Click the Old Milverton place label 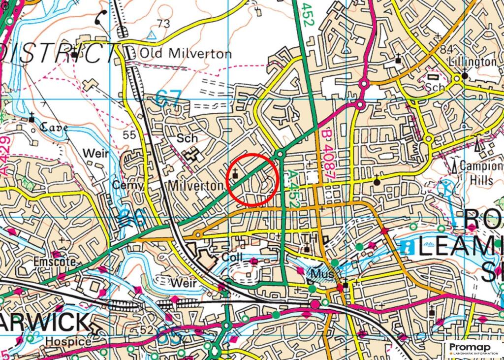[185, 53]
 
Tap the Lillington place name [472, 62]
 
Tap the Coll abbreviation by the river [233, 258]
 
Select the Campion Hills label [480, 173]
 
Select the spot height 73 [163, 24]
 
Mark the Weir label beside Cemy [95, 154]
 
